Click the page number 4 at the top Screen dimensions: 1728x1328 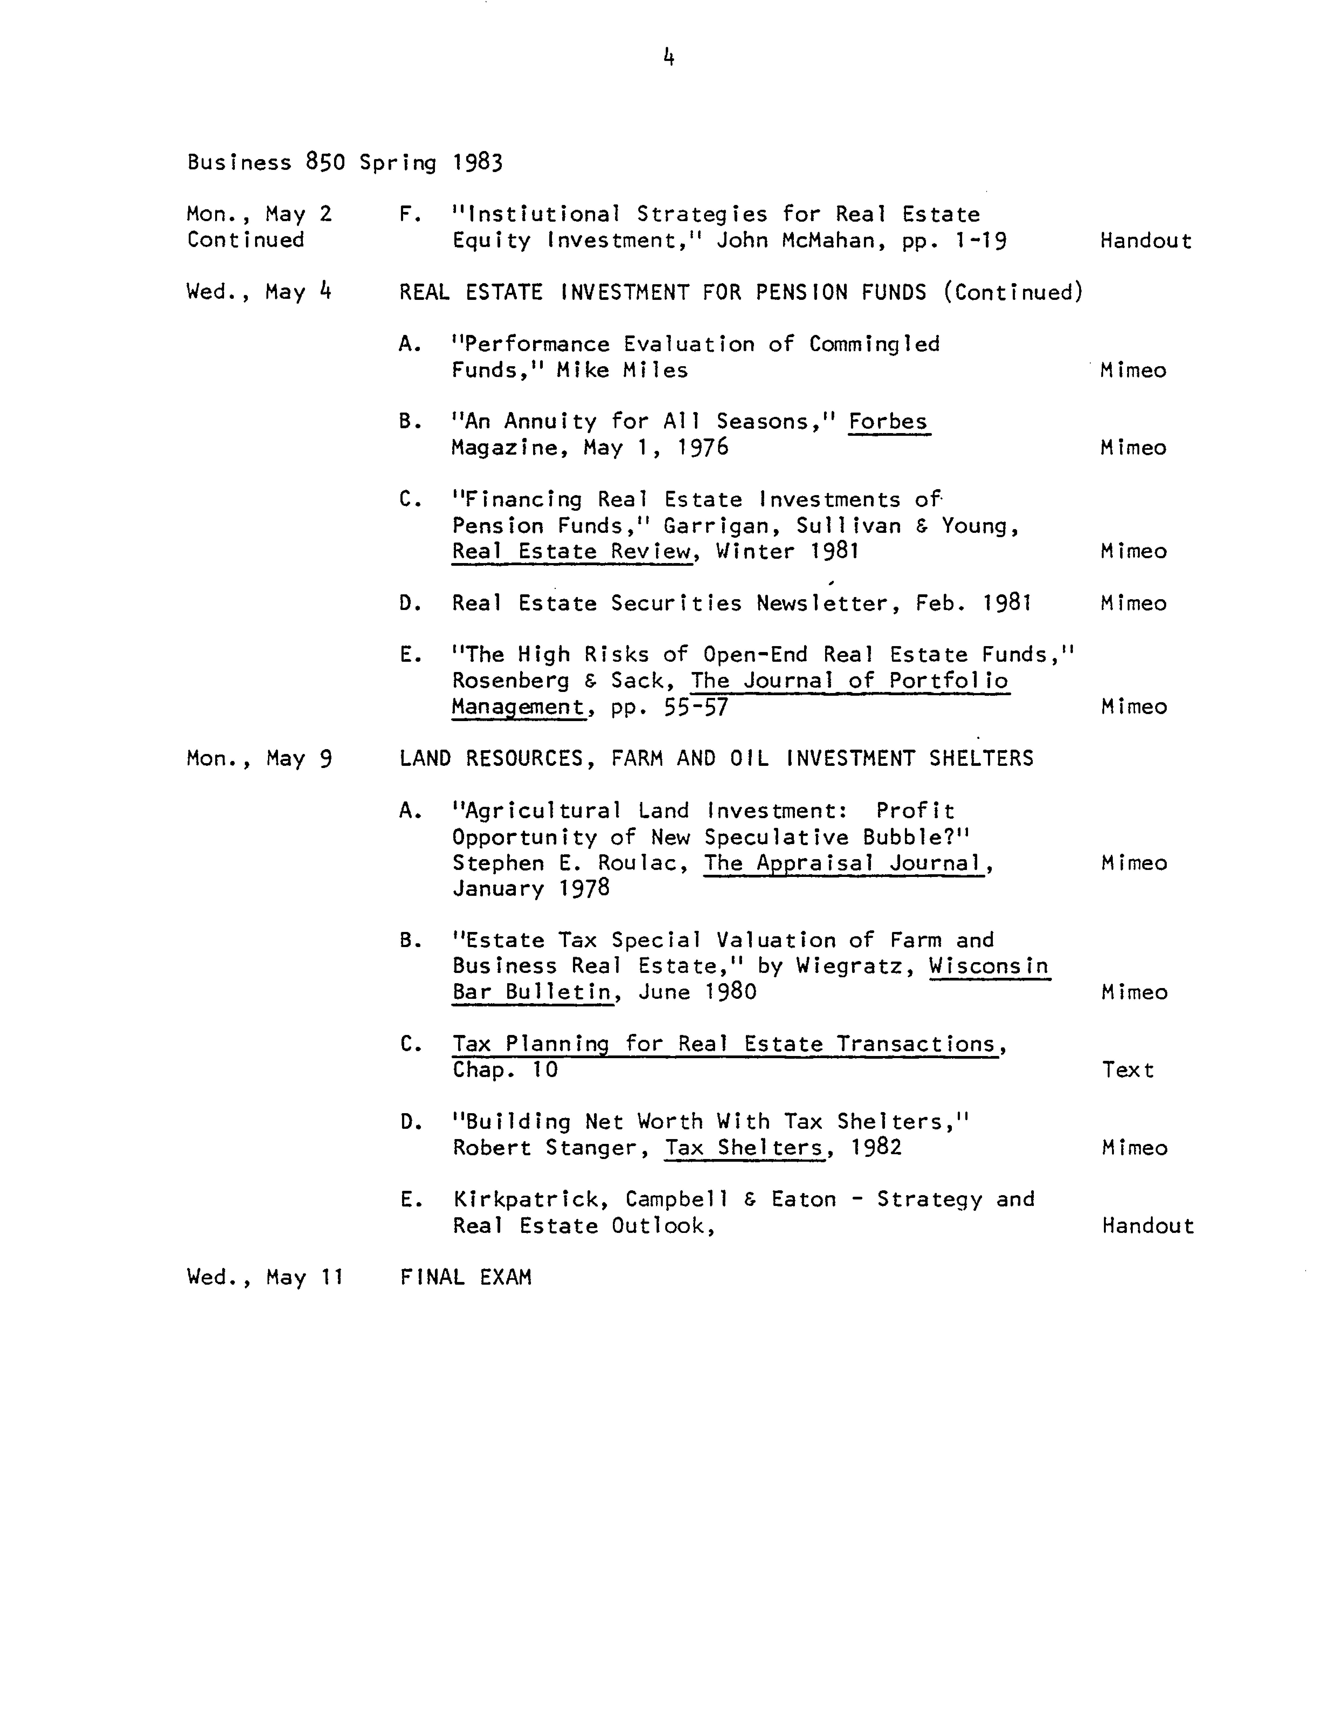669,57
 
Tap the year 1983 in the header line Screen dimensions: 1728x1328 478,162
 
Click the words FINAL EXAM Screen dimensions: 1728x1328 466,1277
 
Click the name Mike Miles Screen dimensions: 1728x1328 622,370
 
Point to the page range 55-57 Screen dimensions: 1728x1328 696,707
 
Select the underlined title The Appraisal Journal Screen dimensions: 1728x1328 843,863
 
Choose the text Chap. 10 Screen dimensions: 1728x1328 505,1070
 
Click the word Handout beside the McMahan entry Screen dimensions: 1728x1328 1145,240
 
